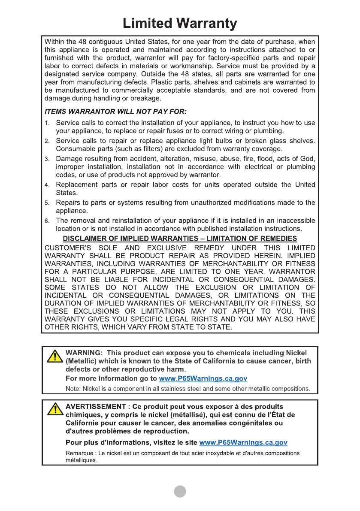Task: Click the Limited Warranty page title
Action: point(179,23)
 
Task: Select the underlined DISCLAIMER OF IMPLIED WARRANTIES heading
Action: point(180,239)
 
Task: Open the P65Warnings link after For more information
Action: point(203,379)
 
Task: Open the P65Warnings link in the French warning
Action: point(243,442)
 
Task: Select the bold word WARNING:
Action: point(84,353)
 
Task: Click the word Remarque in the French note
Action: point(79,453)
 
